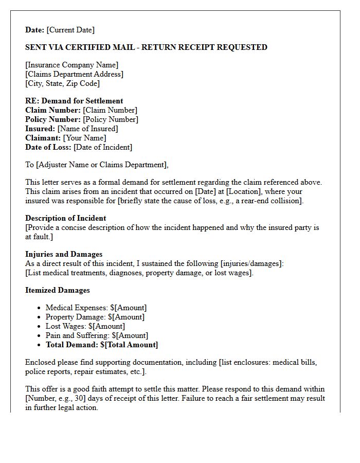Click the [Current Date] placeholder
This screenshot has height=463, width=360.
point(71,30)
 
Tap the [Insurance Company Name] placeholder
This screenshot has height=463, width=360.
point(71,65)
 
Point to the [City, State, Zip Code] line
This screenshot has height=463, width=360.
point(62,83)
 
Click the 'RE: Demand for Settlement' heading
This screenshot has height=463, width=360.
point(74,101)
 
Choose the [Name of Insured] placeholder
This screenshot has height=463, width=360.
point(87,129)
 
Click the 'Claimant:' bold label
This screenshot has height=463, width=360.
point(43,138)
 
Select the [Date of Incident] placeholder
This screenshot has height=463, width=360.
point(103,147)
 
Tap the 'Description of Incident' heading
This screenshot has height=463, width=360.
point(66,218)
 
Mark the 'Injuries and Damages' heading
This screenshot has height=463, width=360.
point(64,254)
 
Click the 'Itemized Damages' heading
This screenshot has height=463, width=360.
point(58,290)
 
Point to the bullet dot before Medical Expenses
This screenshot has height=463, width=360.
point(39,308)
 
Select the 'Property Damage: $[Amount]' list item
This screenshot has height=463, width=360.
point(95,317)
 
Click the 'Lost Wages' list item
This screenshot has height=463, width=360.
point(85,326)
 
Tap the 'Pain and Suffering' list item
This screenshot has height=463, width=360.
point(97,335)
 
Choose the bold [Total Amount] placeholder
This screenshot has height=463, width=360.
point(131,345)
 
